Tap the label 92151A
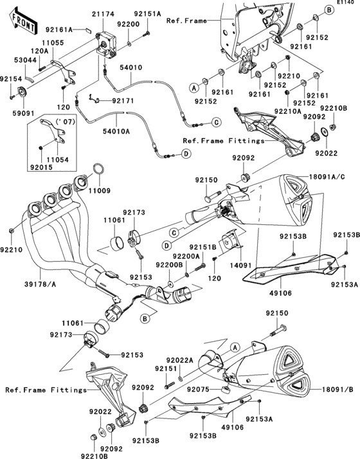[x=148, y=13]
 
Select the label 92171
[x=122, y=100]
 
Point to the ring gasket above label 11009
[x=98, y=170]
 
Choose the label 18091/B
[x=332, y=390]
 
